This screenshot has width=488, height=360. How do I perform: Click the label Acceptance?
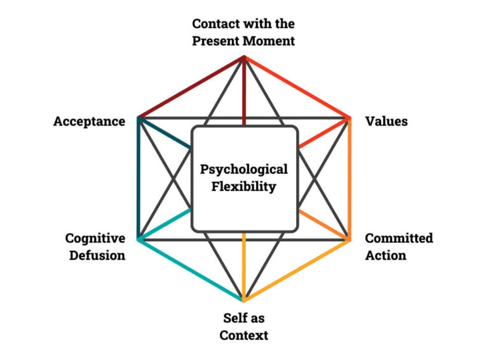click(x=89, y=121)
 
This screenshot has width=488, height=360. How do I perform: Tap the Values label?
click(x=386, y=121)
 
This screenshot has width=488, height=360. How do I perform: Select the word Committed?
click(x=399, y=238)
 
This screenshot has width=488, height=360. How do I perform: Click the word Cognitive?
click(x=95, y=239)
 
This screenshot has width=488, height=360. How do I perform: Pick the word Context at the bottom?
click(x=244, y=335)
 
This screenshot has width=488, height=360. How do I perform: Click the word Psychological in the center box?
click(x=244, y=170)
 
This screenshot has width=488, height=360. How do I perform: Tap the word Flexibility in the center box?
click(x=244, y=187)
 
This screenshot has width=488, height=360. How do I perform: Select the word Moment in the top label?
click(x=268, y=41)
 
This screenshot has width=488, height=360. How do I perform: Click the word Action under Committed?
click(x=385, y=255)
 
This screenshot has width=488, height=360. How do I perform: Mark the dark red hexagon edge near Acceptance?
click(x=191, y=87)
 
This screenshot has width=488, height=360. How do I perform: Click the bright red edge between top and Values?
click(x=297, y=87)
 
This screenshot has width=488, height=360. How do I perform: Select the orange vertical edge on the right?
click(x=349, y=179)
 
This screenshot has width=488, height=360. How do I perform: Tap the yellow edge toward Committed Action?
click(x=297, y=270)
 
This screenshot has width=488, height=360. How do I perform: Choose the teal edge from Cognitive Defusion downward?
click(x=191, y=270)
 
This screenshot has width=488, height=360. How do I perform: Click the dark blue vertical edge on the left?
click(x=138, y=179)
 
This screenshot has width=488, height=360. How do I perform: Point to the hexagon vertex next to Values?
click(x=349, y=118)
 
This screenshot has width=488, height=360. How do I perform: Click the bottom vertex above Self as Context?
click(x=244, y=300)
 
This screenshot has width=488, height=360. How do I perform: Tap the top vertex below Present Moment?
click(x=244, y=57)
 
